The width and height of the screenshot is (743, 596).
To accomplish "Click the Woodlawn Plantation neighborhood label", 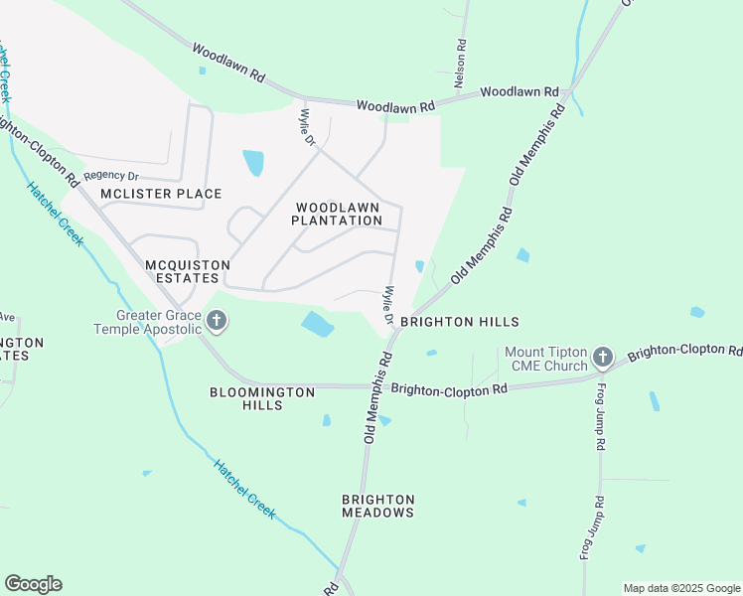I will pyautogui.click(x=337, y=214).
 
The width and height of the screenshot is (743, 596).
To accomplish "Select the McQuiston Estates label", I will pyautogui.click(x=187, y=272).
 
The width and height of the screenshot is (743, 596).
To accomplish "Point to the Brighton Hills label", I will pyautogui.click(x=460, y=323).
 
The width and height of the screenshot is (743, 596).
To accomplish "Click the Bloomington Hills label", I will pyautogui.click(x=262, y=398).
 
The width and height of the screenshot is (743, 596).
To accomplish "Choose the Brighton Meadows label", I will pyautogui.click(x=377, y=506).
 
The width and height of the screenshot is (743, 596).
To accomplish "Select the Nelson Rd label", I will pyautogui.click(x=461, y=61).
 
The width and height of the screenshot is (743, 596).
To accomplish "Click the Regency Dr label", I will pyautogui.click(x=110, y=176).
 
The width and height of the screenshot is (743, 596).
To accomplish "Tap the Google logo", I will pyautogui.click(x=33, y=584).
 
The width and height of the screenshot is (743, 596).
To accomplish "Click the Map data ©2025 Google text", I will pyautogui.click(x=681, y=588).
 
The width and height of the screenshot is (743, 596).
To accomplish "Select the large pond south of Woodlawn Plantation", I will pyautogui.click(x=317, y=323).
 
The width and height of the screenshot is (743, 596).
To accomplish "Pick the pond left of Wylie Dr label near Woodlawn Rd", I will pyautogui.click(x=254, y=162).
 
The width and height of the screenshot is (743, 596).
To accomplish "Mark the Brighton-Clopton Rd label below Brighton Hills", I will pyautogui.click(x=449, y=389).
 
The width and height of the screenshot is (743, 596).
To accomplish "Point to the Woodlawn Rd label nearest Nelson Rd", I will pyautogui.click(x=520, y=91).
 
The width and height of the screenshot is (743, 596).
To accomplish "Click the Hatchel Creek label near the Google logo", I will pyautogui.click(x=244, y=487).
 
